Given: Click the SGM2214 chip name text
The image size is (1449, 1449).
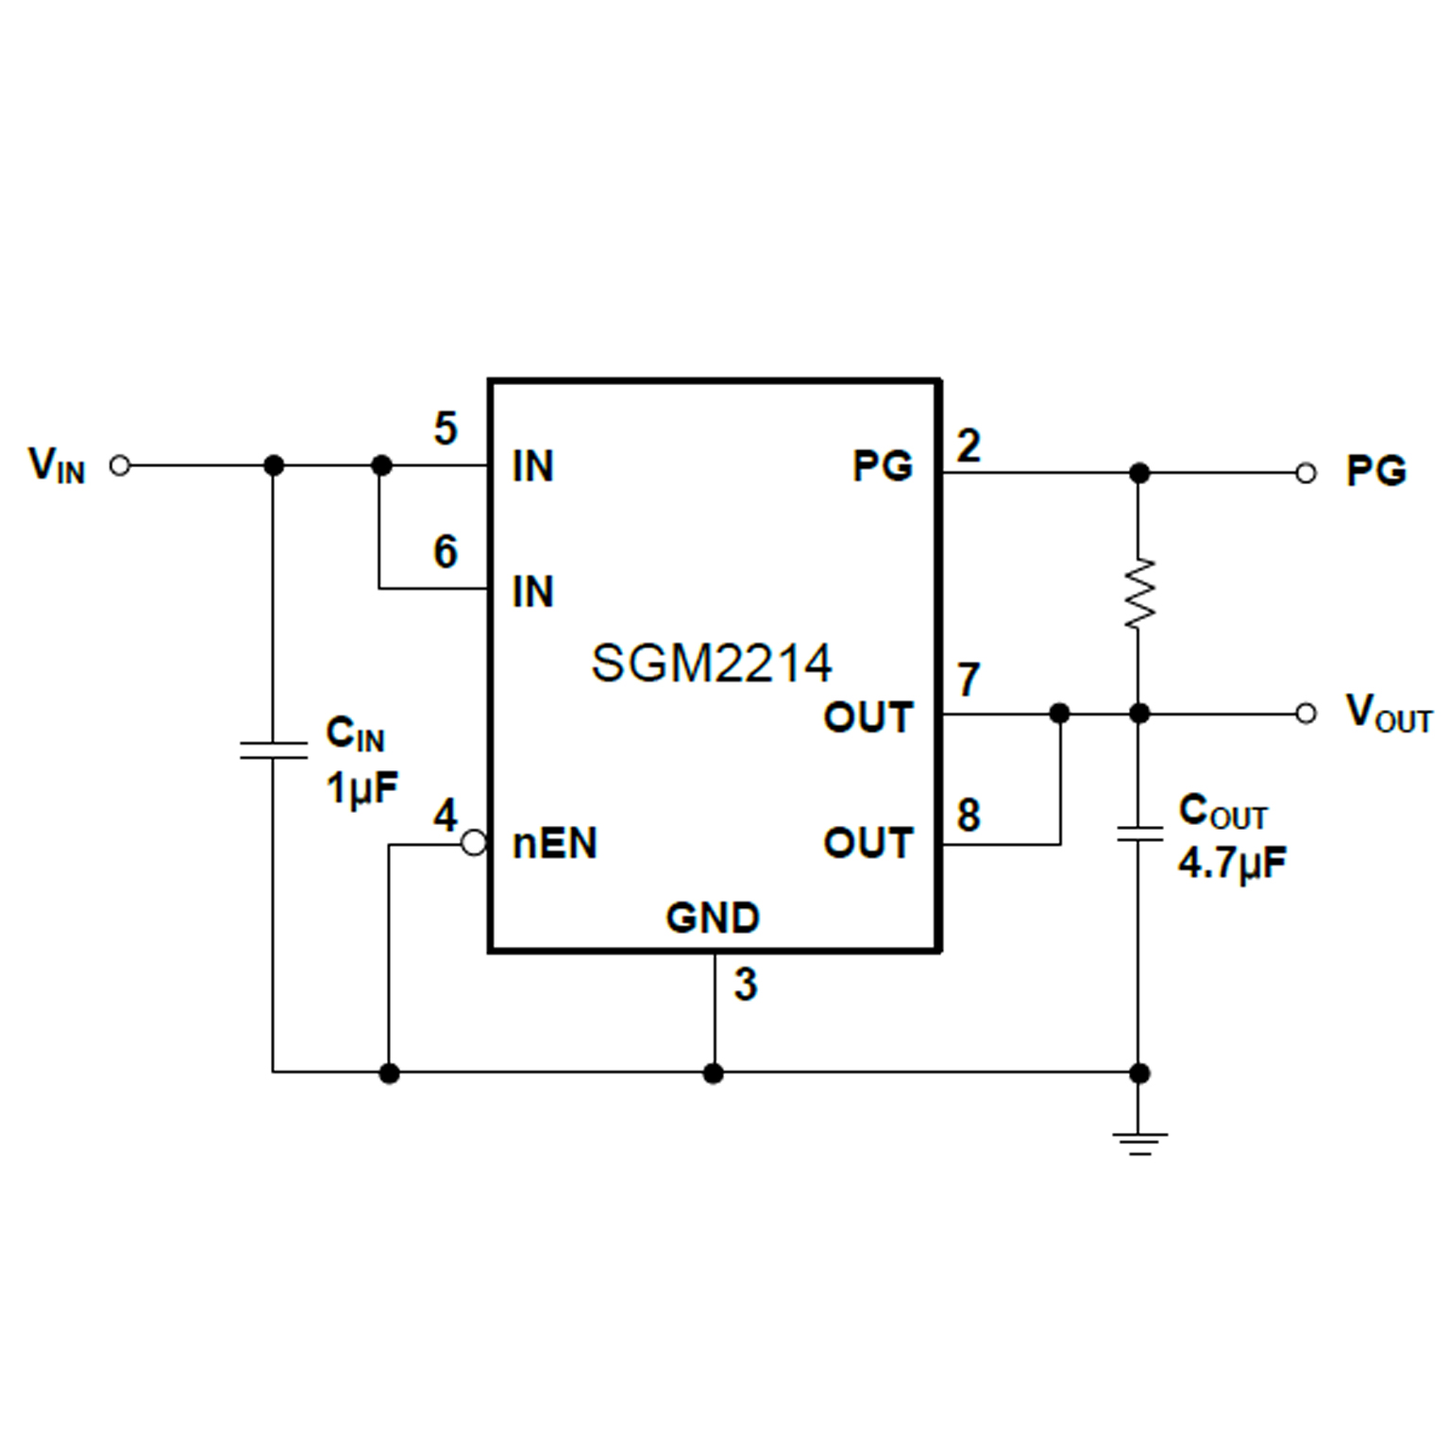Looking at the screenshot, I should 711,663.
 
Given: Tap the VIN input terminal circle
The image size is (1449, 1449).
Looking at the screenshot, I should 120,465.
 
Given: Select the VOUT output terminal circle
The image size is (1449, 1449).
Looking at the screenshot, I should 1306,713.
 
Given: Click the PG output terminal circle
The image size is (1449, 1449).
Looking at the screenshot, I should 1306,473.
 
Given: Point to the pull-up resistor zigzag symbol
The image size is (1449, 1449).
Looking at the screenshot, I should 1139,593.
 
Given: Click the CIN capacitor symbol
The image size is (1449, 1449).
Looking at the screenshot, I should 273,750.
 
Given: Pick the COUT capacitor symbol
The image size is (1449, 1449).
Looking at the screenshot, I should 1139,834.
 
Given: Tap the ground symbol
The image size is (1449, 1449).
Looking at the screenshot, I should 1139,1142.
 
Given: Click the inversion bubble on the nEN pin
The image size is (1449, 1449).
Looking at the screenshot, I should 474,843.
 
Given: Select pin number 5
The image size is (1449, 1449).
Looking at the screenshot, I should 446,430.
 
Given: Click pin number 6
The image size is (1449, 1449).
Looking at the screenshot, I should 446,551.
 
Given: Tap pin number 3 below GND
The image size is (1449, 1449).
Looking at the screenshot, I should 746,986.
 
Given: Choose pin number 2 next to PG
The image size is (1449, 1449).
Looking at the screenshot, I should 969,446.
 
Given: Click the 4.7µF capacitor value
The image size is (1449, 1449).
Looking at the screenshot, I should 1232,863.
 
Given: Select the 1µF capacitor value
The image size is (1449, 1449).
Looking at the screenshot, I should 362,787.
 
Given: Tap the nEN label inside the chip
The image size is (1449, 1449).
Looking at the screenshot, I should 554,844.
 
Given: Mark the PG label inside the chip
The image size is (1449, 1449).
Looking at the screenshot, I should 883,465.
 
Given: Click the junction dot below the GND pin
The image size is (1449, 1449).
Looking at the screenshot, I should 714,1073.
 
